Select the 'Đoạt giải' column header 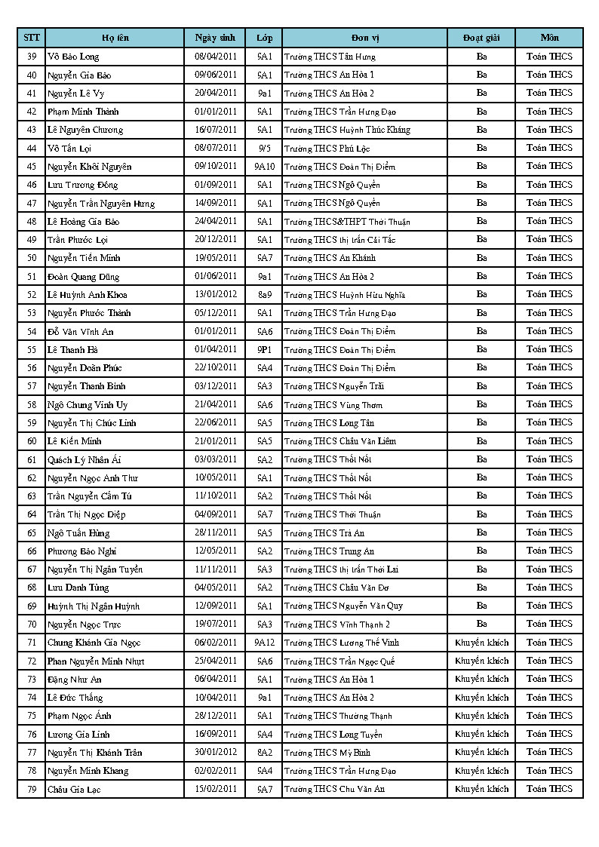click(481, 38)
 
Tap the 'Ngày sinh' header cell click(215, 38)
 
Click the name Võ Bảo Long click(73, 57)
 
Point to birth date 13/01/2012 click(216, 294)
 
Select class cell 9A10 click(265, 166)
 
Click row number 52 click(32, 294)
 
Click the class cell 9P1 click(265, 349)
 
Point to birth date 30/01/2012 click(216, 753)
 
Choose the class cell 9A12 click(265, 643)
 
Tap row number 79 click(32, 789)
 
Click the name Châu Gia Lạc click(74, 789)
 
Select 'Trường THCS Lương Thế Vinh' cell click(342, 643)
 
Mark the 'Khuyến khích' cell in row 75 click(481, 716)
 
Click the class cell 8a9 click(265, 294)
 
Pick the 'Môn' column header click(549, 38)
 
